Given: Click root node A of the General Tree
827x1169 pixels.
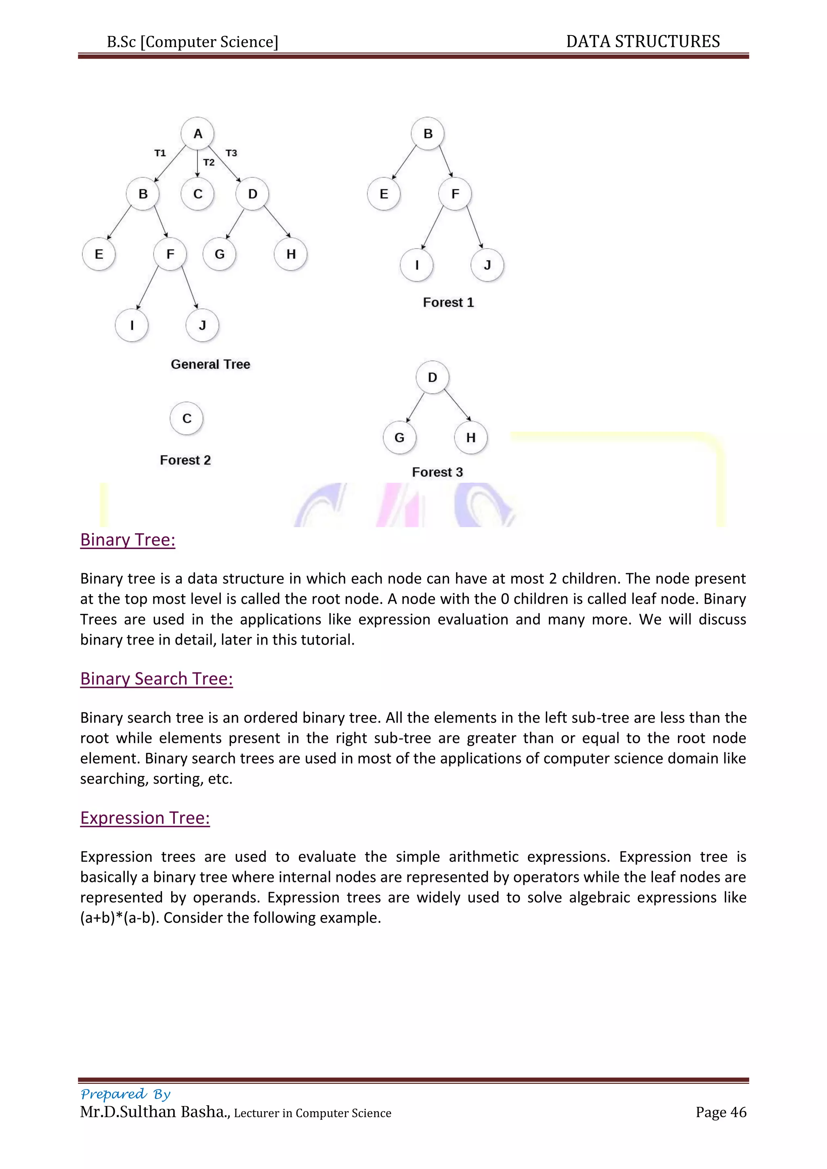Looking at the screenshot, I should [x=197, y=134].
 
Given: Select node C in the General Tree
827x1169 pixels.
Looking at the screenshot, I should [x=197, y=194].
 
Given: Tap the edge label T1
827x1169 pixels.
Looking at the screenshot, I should [x=160, y=153].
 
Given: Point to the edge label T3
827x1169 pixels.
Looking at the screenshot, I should [x=231, y=153].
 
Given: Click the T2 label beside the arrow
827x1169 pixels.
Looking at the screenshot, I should [x=209, y=162].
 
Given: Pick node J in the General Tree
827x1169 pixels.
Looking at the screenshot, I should [x=202, y=325].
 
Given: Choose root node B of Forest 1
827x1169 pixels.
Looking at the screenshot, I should [x=428, y=134].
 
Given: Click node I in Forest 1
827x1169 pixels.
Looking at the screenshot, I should [x=417, y=265].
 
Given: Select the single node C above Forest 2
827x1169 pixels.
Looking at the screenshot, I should [x=187, y=419].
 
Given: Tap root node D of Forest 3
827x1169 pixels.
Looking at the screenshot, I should [x=432, y=378].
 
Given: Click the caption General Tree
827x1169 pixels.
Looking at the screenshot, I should [x=210, y=365].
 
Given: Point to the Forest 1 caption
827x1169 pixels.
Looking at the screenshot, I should [x=448, y=302].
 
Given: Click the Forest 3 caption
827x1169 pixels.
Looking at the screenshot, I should [x=437, y=473].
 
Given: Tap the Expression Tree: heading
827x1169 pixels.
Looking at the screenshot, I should [x=145, y=818].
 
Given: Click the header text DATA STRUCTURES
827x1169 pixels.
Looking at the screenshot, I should [x=642, y=42].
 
